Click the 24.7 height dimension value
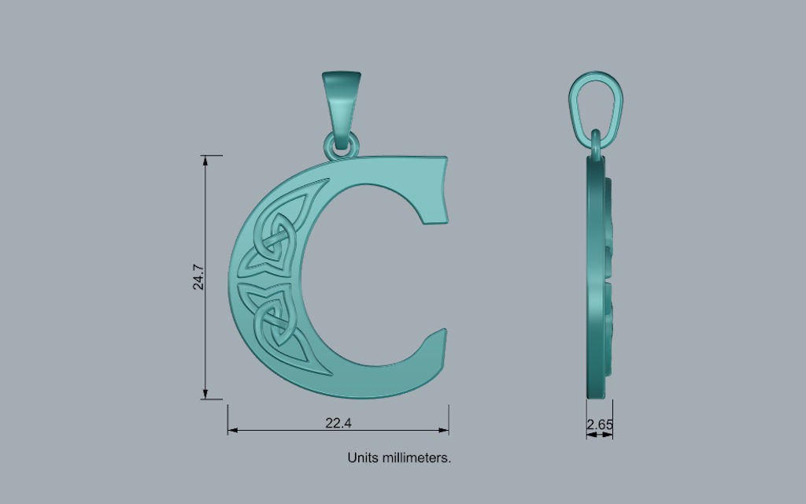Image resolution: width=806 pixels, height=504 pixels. click(199, 277)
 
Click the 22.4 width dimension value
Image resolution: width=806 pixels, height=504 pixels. click(338, 423)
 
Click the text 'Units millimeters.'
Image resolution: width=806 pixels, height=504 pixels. click(399, 457)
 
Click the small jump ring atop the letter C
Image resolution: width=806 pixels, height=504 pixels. click(342, 146)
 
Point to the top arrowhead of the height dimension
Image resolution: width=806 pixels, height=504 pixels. click(206, 160)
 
